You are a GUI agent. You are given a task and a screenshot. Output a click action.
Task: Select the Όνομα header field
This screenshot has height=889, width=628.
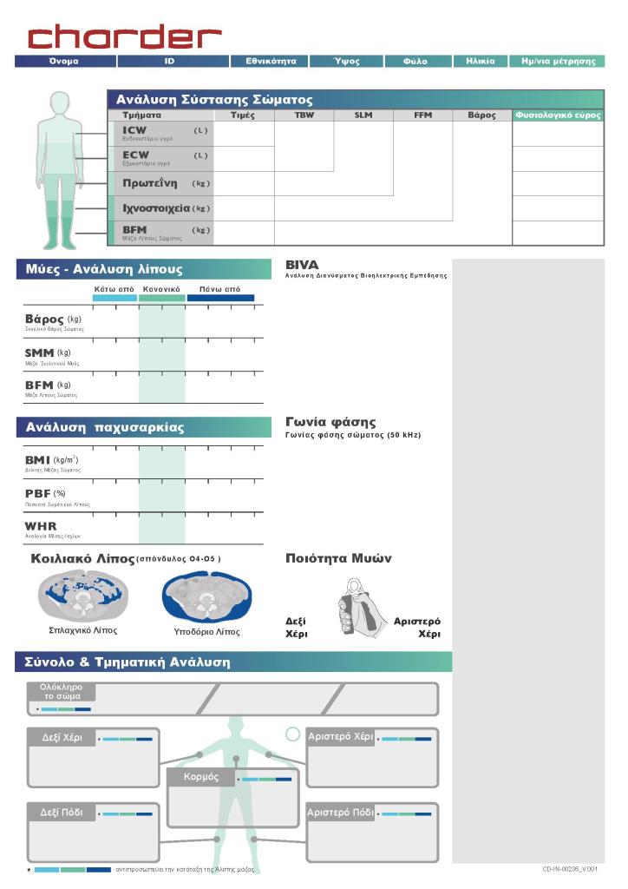tap(64, 62)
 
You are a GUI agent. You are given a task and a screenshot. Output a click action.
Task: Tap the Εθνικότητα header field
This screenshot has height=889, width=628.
tap(271, 62)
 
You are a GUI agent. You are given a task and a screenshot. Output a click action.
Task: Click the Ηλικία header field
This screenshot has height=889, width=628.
tap(480, 62)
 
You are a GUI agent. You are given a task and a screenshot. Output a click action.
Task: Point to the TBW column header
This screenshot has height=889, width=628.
tap(304, 115)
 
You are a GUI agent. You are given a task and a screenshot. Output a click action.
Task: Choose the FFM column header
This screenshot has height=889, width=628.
tap(422, 115)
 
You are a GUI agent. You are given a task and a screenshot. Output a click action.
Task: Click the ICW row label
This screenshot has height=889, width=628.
tap(135, 131)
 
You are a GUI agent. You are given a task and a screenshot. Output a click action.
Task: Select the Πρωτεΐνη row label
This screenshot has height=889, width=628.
tap(150, 183)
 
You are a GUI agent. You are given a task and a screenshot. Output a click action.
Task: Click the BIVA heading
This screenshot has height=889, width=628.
tap(302, 265)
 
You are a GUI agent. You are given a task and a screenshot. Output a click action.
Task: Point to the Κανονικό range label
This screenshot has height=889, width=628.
tap(161, 288)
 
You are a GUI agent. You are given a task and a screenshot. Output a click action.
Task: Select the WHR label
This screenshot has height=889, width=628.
tap(40, 526)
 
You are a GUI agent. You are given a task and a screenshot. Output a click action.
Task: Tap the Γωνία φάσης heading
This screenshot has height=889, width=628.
tap(330, 423)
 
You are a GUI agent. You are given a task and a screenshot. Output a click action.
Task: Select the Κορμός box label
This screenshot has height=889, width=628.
tap(201, 776)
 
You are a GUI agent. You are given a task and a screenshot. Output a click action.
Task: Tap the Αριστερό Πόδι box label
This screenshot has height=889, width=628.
tap(341, 813)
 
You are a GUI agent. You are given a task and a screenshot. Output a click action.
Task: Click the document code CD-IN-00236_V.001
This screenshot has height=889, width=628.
tap(570, 868)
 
